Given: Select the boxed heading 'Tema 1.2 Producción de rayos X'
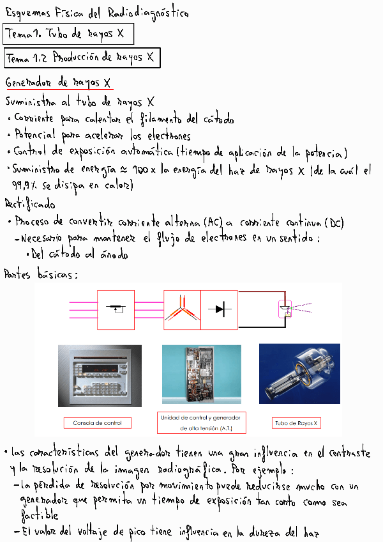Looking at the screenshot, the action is pos(81,58).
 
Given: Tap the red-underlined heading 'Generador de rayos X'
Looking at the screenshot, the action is pos(59,83).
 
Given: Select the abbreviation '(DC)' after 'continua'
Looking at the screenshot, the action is pos(333,222).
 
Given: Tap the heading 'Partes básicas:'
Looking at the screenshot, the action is pos(41,275).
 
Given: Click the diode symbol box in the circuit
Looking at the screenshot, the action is pos(220,310).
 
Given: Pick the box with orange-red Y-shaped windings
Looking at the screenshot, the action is pos(183,310).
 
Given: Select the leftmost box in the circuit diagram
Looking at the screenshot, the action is pos(116,310).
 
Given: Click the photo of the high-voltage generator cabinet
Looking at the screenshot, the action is pos(202,374).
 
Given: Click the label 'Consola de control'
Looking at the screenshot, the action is pos(93,422).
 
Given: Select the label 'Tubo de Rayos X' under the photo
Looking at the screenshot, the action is pos(296,423).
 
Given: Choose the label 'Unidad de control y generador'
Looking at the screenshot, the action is pos(202,417).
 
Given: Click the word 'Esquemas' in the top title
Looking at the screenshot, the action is pos(28,13).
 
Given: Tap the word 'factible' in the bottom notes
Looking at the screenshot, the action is pos(40,515).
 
